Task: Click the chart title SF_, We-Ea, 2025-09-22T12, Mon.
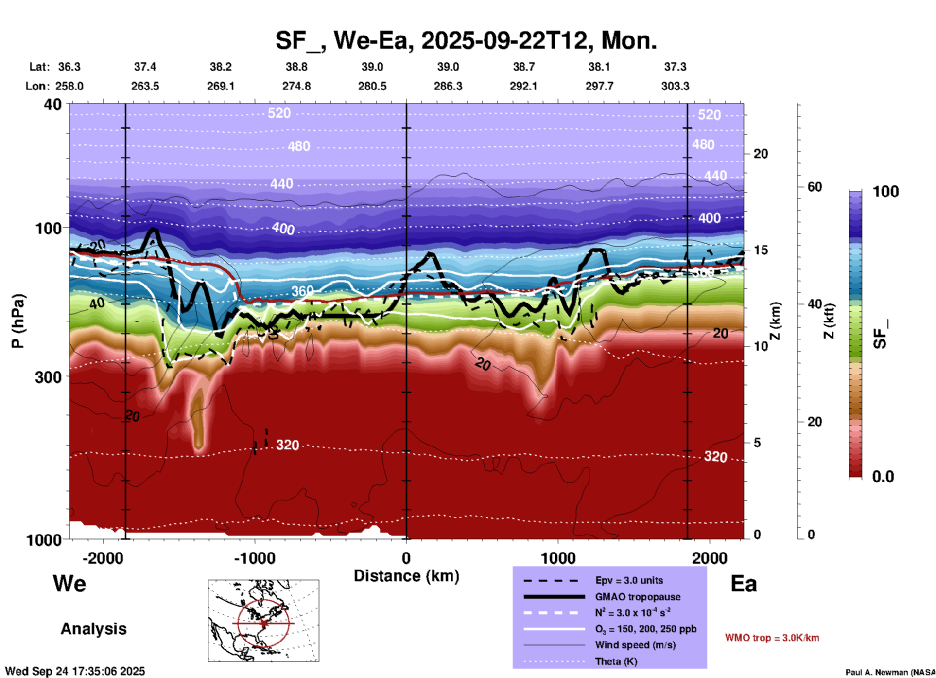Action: (466, 40)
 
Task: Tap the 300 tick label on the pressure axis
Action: (48, 377)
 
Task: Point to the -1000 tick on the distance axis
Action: (255, 558)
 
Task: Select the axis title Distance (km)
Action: (406, 576)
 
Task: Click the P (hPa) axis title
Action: (18, 321)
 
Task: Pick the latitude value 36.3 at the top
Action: (69, 67)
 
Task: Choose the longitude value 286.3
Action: (448, 86)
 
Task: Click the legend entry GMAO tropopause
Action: (637, 597)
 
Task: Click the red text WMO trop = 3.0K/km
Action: (772, 638)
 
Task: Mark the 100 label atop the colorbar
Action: (885, 192)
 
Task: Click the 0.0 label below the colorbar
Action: (883, 477)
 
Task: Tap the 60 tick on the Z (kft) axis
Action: (815, 187)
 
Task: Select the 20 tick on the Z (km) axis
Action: (761, 154)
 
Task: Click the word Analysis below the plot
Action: (93, 629)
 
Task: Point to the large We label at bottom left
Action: (69, 584)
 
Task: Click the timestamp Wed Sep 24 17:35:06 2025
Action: (75, 671)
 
